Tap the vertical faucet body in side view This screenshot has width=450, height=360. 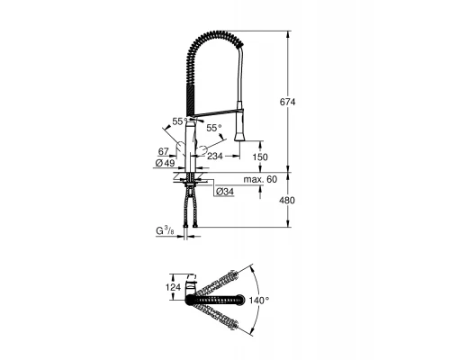pyautogui.click(x=190, y=148)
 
